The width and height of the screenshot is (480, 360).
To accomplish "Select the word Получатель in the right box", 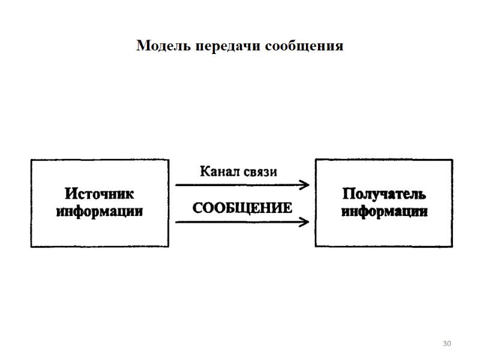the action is (384, 194).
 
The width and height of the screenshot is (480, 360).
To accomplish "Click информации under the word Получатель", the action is (384, 211).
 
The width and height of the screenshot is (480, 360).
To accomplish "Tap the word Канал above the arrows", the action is (221, 172).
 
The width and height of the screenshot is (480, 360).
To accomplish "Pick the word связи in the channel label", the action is (262, 172).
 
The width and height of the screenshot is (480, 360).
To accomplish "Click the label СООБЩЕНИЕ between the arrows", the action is (242, 208).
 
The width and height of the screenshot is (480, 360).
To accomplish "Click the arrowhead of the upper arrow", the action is (306, 185).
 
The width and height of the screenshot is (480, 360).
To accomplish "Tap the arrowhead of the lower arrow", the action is (306, 222).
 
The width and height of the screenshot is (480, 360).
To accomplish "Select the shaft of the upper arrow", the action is (240, 185).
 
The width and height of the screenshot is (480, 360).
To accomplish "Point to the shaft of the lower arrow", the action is (240, 222).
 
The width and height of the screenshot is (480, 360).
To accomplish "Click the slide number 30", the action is (446, 343).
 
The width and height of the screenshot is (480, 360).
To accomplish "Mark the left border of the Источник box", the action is (31, 203).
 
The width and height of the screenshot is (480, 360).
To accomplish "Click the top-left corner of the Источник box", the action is (31, 160).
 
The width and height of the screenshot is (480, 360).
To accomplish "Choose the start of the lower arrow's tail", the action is (176, 222).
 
